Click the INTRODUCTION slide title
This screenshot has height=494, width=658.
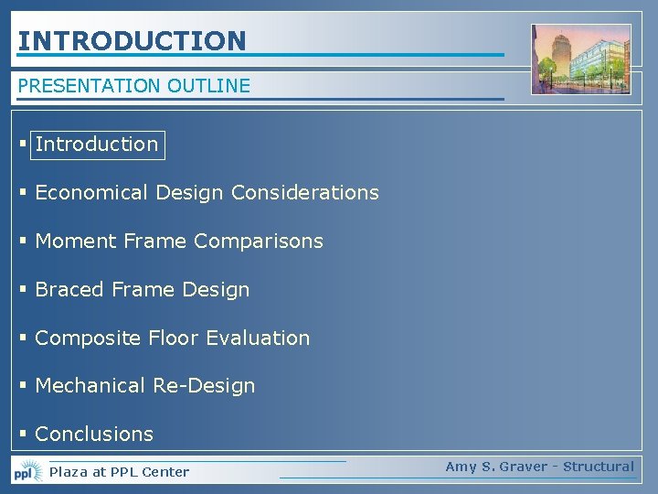[132, 41]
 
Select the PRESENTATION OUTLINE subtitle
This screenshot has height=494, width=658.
[133, 86]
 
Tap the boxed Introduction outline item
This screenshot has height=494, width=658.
[97, 145]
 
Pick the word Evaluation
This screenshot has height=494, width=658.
[258, 338]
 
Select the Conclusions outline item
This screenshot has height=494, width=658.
[94, 435]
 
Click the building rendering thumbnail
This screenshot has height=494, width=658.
[581, 59]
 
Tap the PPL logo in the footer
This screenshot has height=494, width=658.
[27, 472]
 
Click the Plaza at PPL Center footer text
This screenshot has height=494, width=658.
[119, 472]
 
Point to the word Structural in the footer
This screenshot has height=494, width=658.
[599, 467]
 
